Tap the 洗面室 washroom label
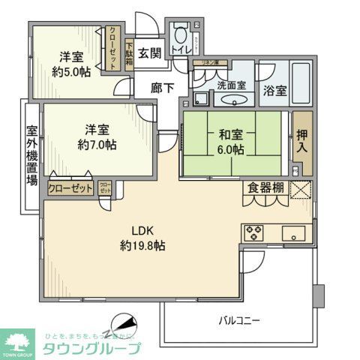[x=230, y=85]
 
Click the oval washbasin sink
[x=234, y=101]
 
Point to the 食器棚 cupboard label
[x=264, y=188]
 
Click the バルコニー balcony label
[x=239, y=320]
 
